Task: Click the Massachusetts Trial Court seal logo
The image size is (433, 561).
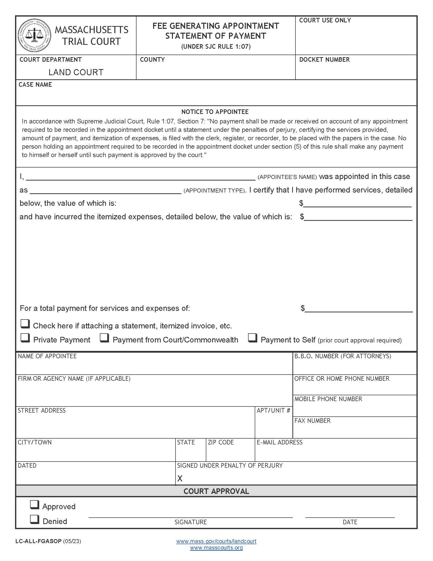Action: (34, 35)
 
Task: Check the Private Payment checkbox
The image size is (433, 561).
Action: (25, 338)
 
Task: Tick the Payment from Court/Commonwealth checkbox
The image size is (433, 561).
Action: (104, 338)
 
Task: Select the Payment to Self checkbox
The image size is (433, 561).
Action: (252, 338)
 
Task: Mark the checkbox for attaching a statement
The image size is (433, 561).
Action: (25, 324)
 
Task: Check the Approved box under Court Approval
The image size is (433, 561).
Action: (34, 505)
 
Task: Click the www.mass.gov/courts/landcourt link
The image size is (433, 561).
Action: (216, 541)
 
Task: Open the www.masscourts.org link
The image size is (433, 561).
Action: (216, 548)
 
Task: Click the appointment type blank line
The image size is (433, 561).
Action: (106, 190)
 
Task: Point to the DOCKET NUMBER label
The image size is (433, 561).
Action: (324, 60)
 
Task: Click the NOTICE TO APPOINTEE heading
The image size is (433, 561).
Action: (215, 112)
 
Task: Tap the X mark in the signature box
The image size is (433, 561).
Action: (180, 479)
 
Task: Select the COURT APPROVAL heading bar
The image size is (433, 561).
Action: (216, 491)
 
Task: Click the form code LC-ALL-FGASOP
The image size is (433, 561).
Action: (38, 541)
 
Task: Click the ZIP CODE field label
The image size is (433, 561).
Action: (221, 442)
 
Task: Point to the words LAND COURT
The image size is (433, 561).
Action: (76, 72)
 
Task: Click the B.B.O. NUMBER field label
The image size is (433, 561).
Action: (342, 356)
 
